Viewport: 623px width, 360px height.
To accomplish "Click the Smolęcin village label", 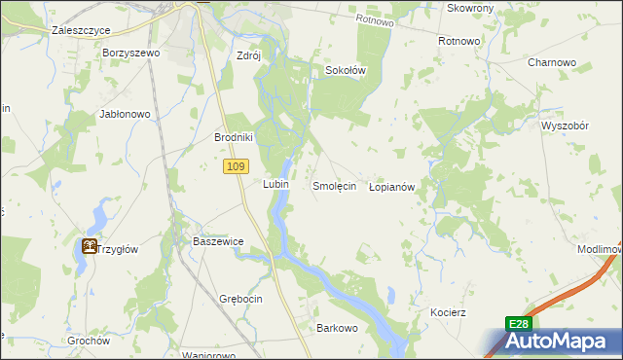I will (334, 185).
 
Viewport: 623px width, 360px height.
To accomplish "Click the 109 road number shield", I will (234, 167).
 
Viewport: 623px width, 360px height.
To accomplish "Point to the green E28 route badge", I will (519, 324).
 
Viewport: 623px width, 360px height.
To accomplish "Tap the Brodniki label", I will (234, 137).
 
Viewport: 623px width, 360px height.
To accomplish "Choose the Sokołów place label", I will (345, 70).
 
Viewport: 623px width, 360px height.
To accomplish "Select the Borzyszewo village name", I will (129, 53).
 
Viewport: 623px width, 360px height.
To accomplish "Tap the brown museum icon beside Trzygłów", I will (90, 246).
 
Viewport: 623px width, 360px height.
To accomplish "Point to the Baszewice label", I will (217, 240).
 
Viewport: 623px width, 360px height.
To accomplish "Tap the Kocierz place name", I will (449, 312).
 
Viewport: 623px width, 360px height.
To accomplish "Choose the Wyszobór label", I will (567, 126).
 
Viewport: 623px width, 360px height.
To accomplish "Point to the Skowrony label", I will (470, 8).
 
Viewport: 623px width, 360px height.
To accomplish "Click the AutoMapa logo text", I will (563, 342).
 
